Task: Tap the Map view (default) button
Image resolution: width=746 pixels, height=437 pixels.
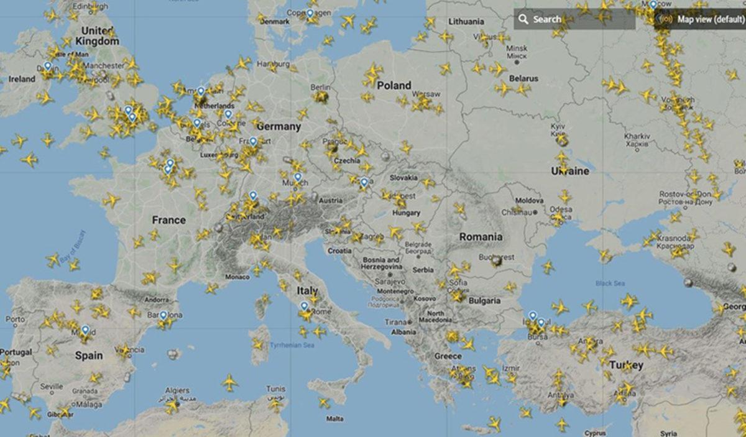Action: click(x=702, y=19)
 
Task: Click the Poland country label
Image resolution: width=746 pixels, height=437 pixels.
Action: click(x=394, y=85)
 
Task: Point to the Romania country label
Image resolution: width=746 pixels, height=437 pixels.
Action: click(x=481, y=237)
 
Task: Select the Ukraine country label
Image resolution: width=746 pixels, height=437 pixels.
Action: click(x=570, y=171)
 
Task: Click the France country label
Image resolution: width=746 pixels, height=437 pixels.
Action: click(x=168, y=220)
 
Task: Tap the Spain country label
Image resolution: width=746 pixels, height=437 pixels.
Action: click(x=89, y=356)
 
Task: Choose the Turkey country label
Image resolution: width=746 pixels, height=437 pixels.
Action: click(x=626, y=365)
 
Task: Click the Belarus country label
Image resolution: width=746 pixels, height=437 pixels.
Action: click(x=523, y=79)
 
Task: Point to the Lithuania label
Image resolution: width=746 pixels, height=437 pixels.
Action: click(x=466, y=22)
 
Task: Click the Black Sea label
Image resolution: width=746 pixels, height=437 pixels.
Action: click(x=610, y=283)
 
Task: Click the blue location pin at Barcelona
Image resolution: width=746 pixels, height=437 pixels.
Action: click(x=163, y=316)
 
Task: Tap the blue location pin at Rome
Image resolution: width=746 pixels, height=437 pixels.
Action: click(x=304, y=306)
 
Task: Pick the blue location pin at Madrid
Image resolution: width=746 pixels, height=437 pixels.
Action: click(x=85, y=330)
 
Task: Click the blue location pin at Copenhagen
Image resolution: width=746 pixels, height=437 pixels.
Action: click(x=310, y=13)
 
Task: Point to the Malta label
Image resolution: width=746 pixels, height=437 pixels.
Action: click(x=334, y=418)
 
